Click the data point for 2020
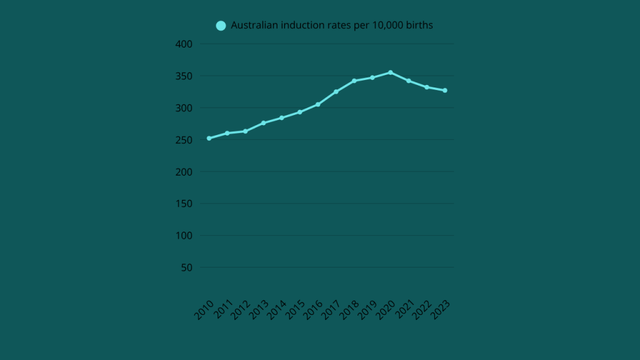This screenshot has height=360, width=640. [x=390, y=72]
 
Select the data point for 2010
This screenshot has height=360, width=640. [x=209, y=138]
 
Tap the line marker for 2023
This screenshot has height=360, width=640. [x=444, y=91]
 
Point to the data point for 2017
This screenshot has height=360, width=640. [x=336, y=92]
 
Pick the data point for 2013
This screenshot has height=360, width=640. [x=263, y=122]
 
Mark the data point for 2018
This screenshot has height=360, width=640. [x=354, y=81]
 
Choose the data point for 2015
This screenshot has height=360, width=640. [x=299, y=112]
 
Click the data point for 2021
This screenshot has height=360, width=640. [x=408, y=81]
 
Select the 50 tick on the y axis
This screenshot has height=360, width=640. [x=186, y=267]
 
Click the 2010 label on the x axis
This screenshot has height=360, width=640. [x=204, y=310]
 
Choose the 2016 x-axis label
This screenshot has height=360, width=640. [x=313, y=310]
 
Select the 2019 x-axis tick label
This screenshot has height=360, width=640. [x=367, y=310]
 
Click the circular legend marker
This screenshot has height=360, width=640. [x=221, y=26]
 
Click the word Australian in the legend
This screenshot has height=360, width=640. [x=254, y=26]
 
